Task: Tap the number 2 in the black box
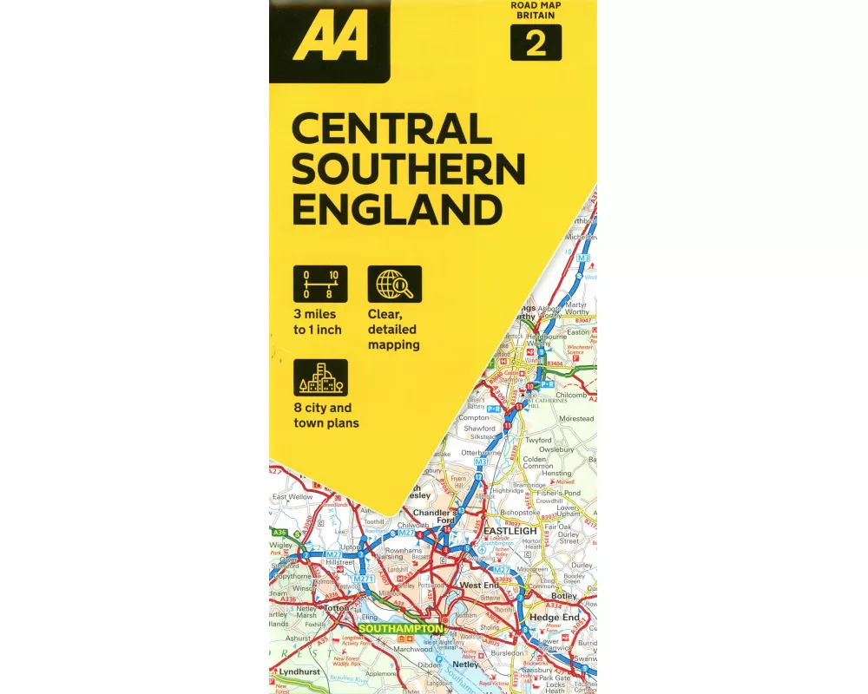point(536,43)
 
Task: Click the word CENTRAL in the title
point(391,130)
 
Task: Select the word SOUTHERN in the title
point(408,170)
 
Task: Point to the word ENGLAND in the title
point(397,210)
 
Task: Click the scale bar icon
point(320,284)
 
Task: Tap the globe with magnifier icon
point(395,284)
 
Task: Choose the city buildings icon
point(320,377)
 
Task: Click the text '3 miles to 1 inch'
point(318,322)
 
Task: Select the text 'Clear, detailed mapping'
point(393,330)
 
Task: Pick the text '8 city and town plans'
point(325,416)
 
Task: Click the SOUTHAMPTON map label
point(400,628)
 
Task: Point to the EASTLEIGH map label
point(510,530)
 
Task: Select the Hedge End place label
point(554,618)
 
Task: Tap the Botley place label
point(563,597)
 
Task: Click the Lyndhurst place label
point(300,672)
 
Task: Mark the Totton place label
point(335,608)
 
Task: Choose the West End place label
point(479,586)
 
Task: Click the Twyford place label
point(538,440)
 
